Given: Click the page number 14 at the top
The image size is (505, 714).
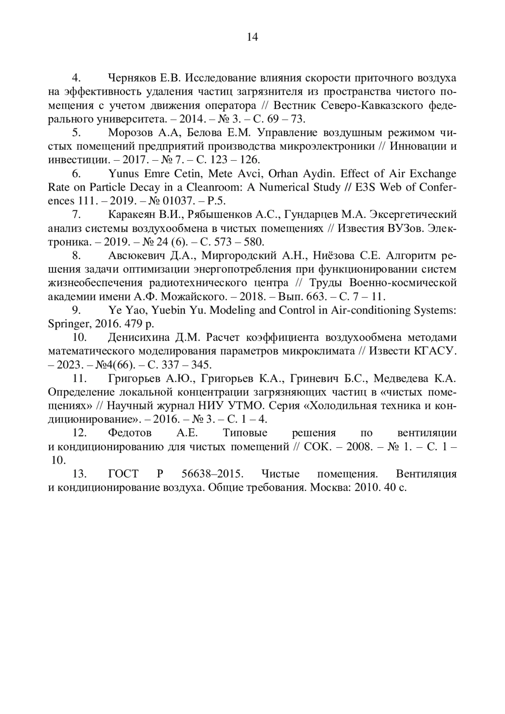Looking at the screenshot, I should (252, 37).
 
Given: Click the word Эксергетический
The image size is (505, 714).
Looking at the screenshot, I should (413, 215).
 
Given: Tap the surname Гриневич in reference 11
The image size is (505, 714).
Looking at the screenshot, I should (311, 379).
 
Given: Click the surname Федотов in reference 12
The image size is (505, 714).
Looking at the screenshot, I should (130, 433).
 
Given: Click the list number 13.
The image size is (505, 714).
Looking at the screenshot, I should (80, 474).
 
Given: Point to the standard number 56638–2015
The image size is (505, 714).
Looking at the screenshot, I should (213, 474).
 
